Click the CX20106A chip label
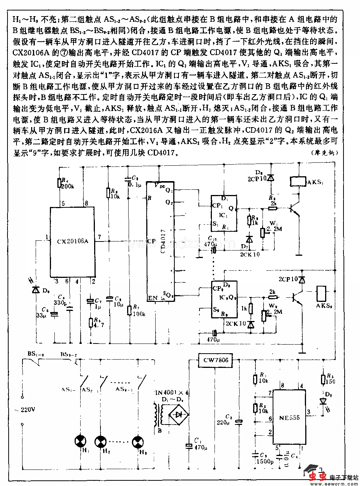click(x=73, y=241)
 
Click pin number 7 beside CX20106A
click(x=99, y=237)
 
